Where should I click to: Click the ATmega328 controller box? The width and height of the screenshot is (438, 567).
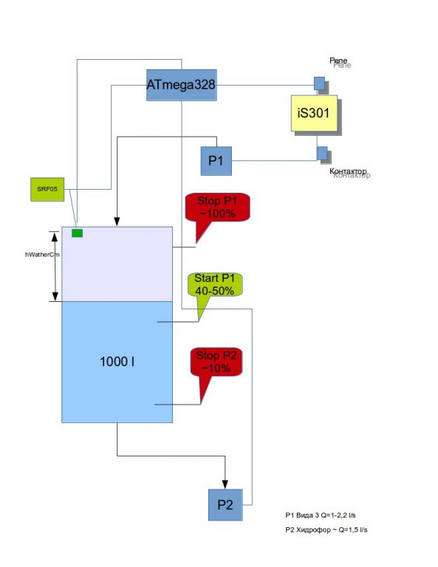pos(181,85)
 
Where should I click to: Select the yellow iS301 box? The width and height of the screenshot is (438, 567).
pos(314,113)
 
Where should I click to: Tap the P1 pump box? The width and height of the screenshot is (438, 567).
pos(216,161)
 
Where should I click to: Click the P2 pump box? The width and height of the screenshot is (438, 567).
pos(225,505)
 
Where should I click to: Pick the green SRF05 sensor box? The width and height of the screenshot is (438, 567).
pos(47,189)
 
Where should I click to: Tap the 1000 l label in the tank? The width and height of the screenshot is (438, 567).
pos(117,362)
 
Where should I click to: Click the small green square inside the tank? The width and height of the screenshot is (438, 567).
pos(77,233)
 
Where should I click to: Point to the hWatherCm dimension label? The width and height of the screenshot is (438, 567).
pos(42,255)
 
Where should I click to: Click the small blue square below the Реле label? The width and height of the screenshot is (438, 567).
pos(319,83)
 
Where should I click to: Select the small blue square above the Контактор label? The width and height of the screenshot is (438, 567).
pos(322,153)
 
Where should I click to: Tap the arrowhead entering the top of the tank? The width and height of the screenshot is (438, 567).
pos(117,221)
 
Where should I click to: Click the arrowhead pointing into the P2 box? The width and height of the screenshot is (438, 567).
pos(225,484)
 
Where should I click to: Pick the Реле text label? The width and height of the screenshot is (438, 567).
pos(338,61)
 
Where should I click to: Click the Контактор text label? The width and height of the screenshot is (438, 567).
pos(348,171)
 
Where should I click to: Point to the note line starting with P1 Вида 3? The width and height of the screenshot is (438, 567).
pos(321,515)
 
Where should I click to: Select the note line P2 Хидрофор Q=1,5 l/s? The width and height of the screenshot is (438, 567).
pos(326,530)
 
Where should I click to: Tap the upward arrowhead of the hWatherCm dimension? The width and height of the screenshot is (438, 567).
pos(55,236)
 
